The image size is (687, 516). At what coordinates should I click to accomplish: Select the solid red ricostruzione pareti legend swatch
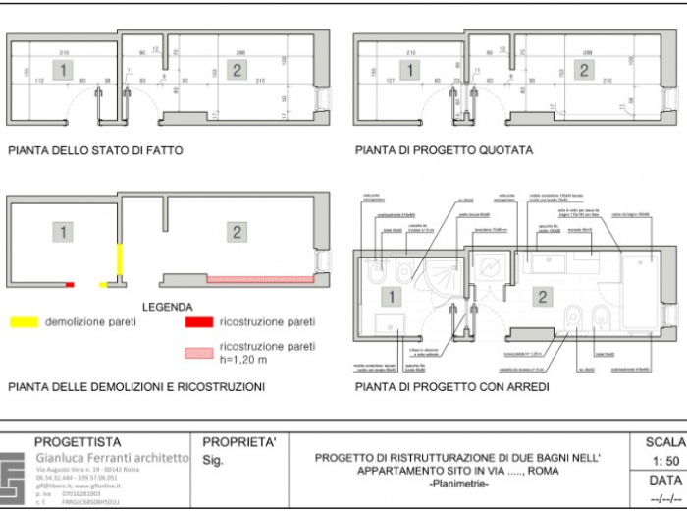point(199,321)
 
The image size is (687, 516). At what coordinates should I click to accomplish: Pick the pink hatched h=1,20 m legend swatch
point(199,352)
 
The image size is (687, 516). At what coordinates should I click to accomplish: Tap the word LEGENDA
point(168,307)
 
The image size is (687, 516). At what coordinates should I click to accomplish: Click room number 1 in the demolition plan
point(63,232)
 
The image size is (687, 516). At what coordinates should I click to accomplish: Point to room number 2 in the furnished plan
point(543,297)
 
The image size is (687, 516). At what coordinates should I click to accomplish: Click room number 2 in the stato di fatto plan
point(237,69)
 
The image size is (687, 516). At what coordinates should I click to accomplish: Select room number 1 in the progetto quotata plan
point(411,70)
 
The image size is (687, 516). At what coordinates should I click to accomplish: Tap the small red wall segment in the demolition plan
point(70,285)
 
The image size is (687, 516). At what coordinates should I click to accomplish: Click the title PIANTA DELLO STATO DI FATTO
point(95,151)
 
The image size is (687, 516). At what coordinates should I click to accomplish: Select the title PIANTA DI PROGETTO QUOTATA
point(445,151)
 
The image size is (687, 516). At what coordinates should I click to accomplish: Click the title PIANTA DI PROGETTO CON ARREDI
point(451,387)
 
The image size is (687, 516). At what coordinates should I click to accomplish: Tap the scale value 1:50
point(665,460)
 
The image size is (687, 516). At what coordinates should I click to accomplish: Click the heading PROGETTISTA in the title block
point(78,442)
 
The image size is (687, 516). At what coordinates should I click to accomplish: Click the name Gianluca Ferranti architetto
point(111,459)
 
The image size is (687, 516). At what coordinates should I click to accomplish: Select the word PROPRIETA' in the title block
point(238,442)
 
